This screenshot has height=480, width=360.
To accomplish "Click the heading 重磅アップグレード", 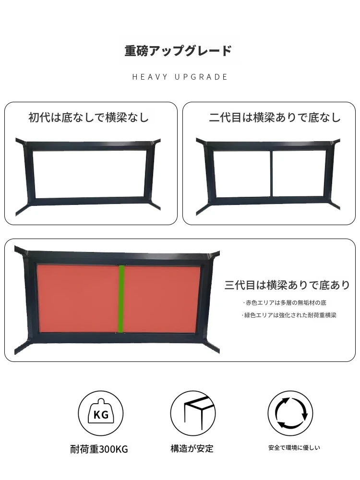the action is point(178,51).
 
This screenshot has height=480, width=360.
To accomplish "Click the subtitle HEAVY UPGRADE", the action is point(180,77).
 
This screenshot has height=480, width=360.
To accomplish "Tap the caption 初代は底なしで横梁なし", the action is point(89,118).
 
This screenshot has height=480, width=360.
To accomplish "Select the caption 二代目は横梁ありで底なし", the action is point(275,118).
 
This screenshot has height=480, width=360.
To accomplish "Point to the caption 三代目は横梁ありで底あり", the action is point(288,285).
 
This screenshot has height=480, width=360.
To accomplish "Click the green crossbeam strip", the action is point(121,299).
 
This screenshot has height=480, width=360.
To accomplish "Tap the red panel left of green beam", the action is point(78,299).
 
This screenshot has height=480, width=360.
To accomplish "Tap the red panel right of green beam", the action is point(162,299).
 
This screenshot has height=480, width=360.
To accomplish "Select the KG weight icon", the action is point(101,413).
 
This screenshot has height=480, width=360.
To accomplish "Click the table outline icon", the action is point(193,413).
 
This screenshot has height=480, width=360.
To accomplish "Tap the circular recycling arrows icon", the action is point(290,413).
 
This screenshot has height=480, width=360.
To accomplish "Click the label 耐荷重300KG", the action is point(99,449).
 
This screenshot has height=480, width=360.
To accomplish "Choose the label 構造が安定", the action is point(192,448).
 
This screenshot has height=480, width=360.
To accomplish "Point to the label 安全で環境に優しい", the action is point(294,448).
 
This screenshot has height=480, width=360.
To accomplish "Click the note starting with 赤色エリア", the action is point(285,303).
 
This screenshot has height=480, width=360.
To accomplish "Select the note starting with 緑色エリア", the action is point(288,315).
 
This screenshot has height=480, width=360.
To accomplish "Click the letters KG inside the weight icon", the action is point(101,415).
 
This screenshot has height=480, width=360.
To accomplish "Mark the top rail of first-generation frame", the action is point(88,146).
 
